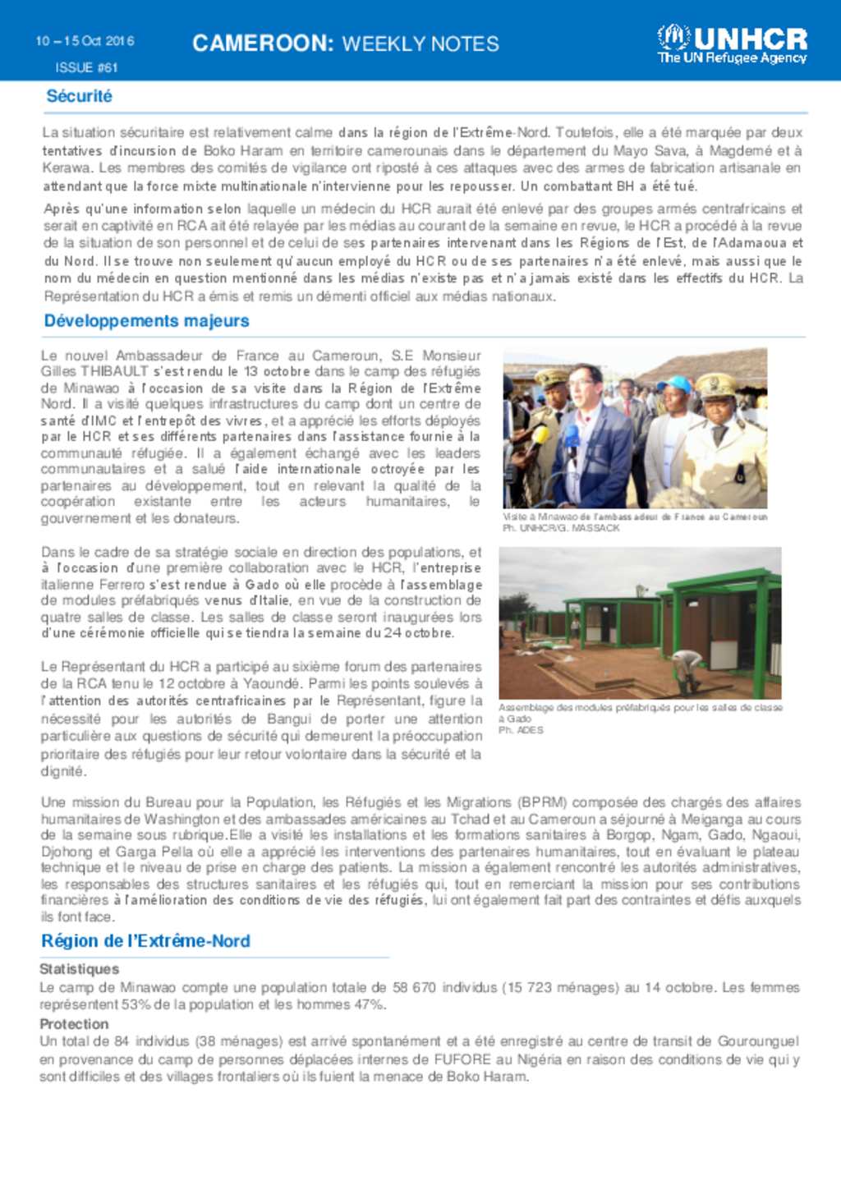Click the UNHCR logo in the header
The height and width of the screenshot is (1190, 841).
(x=732, y=44)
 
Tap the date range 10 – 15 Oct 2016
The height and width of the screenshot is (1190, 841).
(x=85, y=41)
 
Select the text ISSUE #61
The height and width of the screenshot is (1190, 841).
(x=86, y=67)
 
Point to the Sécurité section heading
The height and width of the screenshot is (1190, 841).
(x=79, y=96)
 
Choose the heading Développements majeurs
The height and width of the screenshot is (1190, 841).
(x=146, y=321)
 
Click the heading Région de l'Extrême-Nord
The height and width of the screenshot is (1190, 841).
(x=145, y=941)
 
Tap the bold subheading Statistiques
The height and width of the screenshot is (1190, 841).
(x=79, y=969)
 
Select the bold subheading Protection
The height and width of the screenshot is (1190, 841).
(x=74, y=1024)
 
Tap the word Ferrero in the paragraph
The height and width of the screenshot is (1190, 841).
(x=122, y=585)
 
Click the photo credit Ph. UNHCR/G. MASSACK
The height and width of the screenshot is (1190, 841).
(x=561, y=528)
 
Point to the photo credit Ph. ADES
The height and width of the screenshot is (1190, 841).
(x=521, y=730)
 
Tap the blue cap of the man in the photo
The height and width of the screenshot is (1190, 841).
(x=679, y=384)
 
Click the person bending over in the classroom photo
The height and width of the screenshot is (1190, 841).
(x=686, y=665)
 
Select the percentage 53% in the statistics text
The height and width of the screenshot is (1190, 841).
(x=129, y=1004)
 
